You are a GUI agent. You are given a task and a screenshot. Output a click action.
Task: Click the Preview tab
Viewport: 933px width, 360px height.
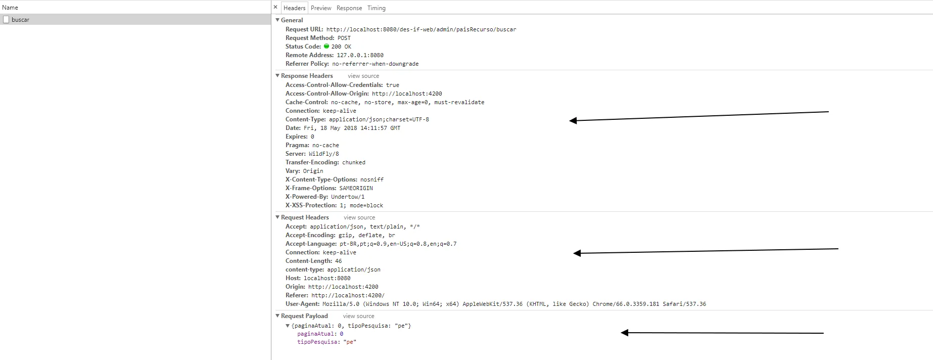[x=321, y=8]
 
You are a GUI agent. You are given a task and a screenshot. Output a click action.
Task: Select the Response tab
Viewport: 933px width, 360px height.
[x=349, y=8]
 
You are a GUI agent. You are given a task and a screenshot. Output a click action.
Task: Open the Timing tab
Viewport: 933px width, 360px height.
[x=376, y=8]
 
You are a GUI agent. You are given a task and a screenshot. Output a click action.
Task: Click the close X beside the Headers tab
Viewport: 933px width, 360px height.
[x=275, y=8]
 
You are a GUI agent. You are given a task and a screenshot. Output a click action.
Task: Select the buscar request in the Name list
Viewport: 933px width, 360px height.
[x=20, y=20]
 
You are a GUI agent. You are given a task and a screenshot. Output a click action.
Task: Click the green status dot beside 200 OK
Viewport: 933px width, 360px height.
[x=326, y=46]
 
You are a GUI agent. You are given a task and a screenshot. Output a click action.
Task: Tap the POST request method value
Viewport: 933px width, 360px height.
[x=344, y=38]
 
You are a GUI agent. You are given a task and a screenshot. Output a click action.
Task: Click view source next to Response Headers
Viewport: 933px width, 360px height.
[x=363, y=76]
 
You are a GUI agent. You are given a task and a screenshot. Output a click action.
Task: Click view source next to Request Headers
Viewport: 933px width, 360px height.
[x=359, y=217]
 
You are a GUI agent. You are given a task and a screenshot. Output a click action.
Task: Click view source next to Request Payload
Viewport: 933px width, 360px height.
[x=358, y=316]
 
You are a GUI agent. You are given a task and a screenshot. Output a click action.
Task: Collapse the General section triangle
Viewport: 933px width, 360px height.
[x=277, y=20]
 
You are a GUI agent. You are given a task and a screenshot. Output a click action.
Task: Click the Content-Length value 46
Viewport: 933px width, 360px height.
[x=338, y=261]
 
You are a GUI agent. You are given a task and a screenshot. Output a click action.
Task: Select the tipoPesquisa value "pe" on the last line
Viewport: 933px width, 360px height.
[x=350, y=342]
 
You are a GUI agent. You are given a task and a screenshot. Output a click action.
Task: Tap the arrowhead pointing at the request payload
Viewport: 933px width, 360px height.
[x=625, y=333]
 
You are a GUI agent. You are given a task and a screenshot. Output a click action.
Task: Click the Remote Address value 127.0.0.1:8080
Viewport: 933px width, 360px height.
[x=360, y=55]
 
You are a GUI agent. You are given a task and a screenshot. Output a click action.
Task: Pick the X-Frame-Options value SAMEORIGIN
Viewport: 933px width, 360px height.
[x=356, y=188]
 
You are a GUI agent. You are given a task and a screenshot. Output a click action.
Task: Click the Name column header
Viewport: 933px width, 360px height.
[x=10, y=8]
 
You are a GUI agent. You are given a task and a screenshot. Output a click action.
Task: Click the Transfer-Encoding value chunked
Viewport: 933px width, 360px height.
[x=353, y=162]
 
